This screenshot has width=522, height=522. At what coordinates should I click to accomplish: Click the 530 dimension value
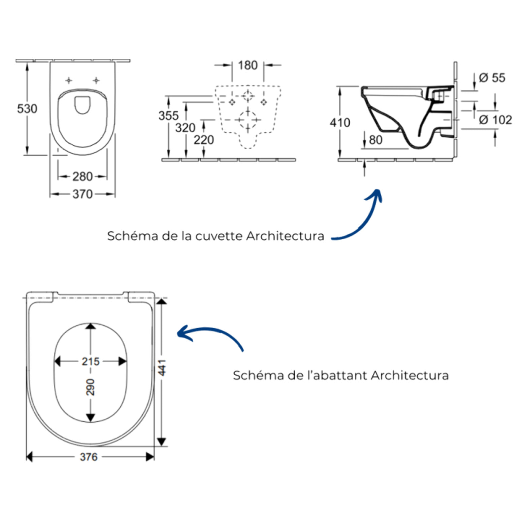(27, 109)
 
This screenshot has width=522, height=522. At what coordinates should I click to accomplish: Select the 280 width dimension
(83, 176)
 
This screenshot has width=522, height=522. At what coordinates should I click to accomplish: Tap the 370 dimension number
(83, 194)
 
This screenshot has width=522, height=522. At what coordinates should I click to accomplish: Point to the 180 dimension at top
(248, 65)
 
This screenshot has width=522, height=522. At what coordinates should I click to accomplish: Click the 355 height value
(168, 116)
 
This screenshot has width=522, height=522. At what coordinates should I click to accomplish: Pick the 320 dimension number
(185, 128)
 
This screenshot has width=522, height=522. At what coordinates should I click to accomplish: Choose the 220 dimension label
(204, 140)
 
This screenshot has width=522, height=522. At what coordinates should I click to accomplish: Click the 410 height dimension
(340, 123)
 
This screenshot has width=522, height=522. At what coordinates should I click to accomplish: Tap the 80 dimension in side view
(376, 140)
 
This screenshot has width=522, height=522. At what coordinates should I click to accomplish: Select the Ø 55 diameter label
(492, 78)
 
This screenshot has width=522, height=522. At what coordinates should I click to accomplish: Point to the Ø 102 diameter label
(495, 120)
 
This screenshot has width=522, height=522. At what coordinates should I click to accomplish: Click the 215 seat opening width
(91, 362)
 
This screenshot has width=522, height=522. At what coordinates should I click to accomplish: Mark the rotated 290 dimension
(91, 387)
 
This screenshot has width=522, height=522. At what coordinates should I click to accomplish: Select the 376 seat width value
(89, 457)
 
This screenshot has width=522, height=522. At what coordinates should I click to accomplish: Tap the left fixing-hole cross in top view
(69, 80)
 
